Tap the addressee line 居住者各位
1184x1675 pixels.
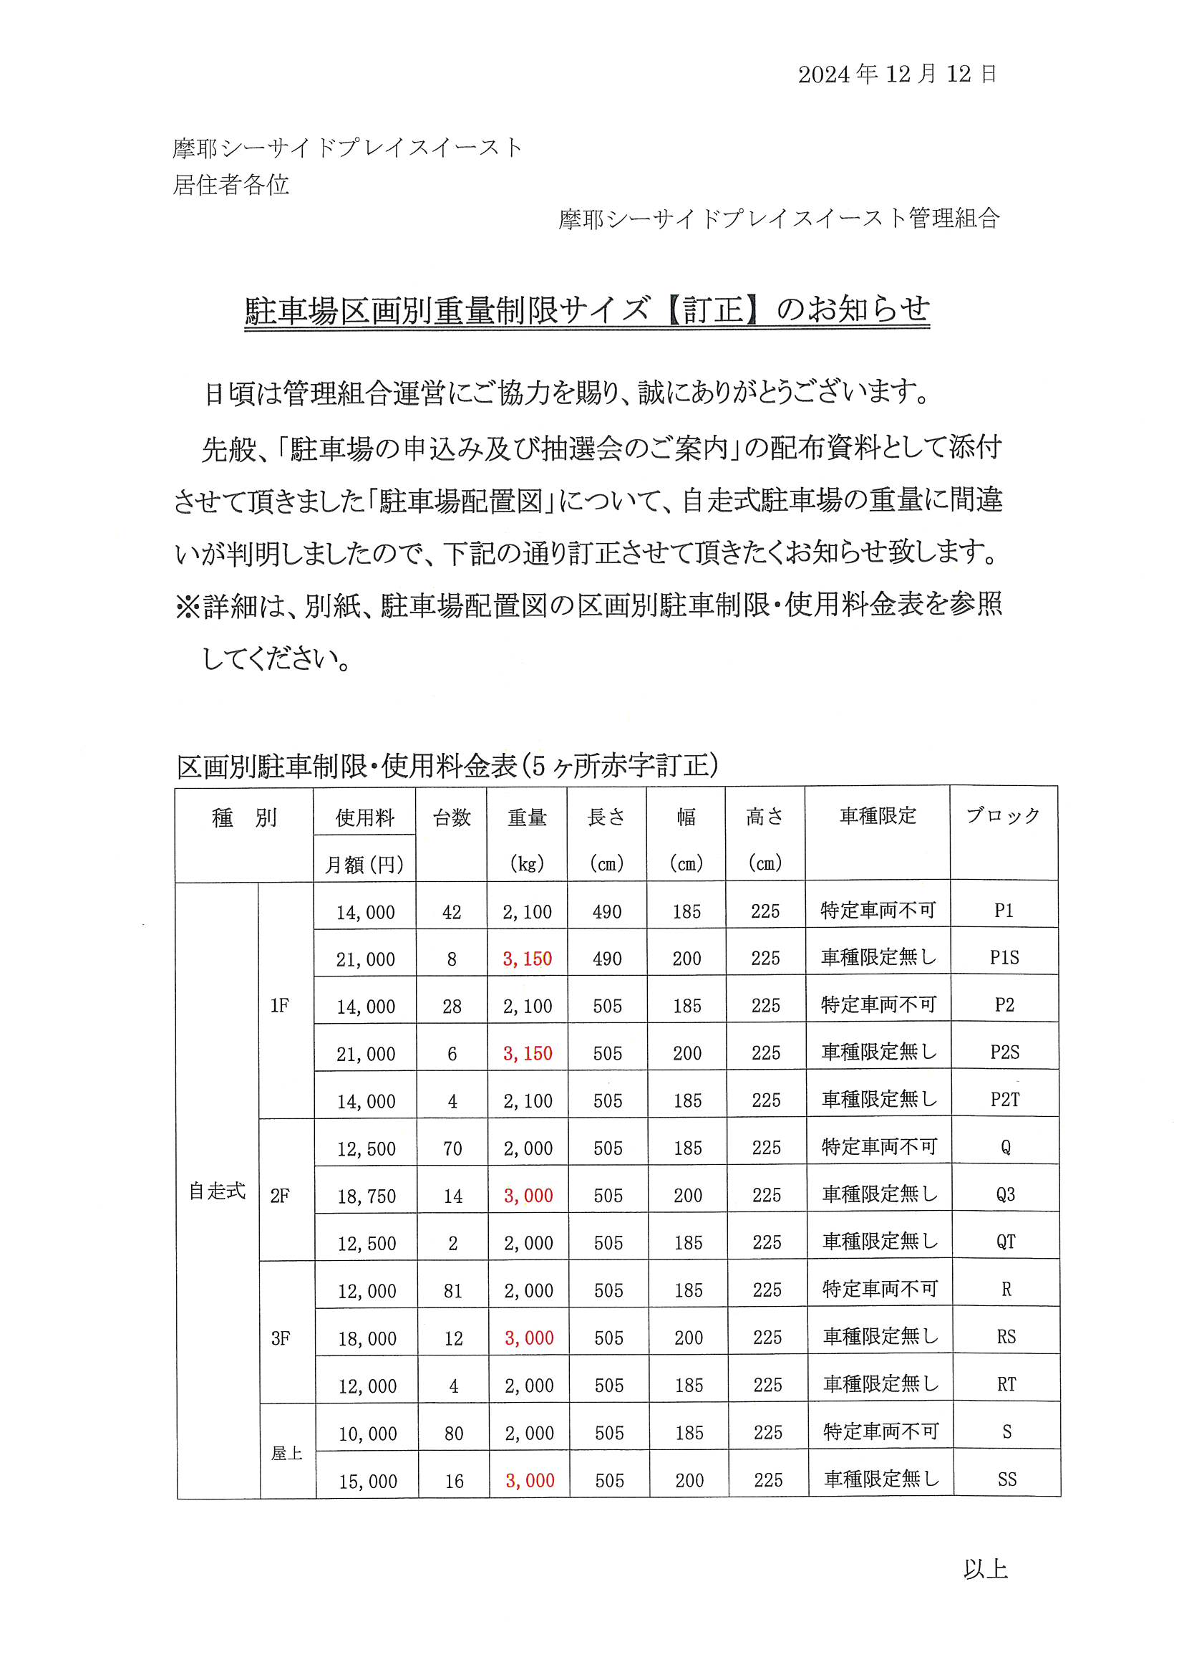(231, 185)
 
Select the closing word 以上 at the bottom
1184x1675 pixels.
(985, 1568)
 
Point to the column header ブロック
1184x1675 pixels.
(1002, 815)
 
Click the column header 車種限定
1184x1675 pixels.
(877, 815)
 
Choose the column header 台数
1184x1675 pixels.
(451, 818)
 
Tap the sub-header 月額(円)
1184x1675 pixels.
(364, 865)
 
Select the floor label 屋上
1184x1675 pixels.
(286, 1453)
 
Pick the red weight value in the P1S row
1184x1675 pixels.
(527, 959)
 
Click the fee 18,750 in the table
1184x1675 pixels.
(366, 1196)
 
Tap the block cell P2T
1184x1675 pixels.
(1004, 1100)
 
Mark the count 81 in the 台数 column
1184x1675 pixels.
(452, 1291)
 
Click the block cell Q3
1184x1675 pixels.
(1005, 1194)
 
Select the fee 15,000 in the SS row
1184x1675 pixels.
(367, 1482)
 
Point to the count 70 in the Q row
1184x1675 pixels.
(452, 1149)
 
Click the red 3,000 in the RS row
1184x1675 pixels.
(528, 1338)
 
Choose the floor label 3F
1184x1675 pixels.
(280, 1338)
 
